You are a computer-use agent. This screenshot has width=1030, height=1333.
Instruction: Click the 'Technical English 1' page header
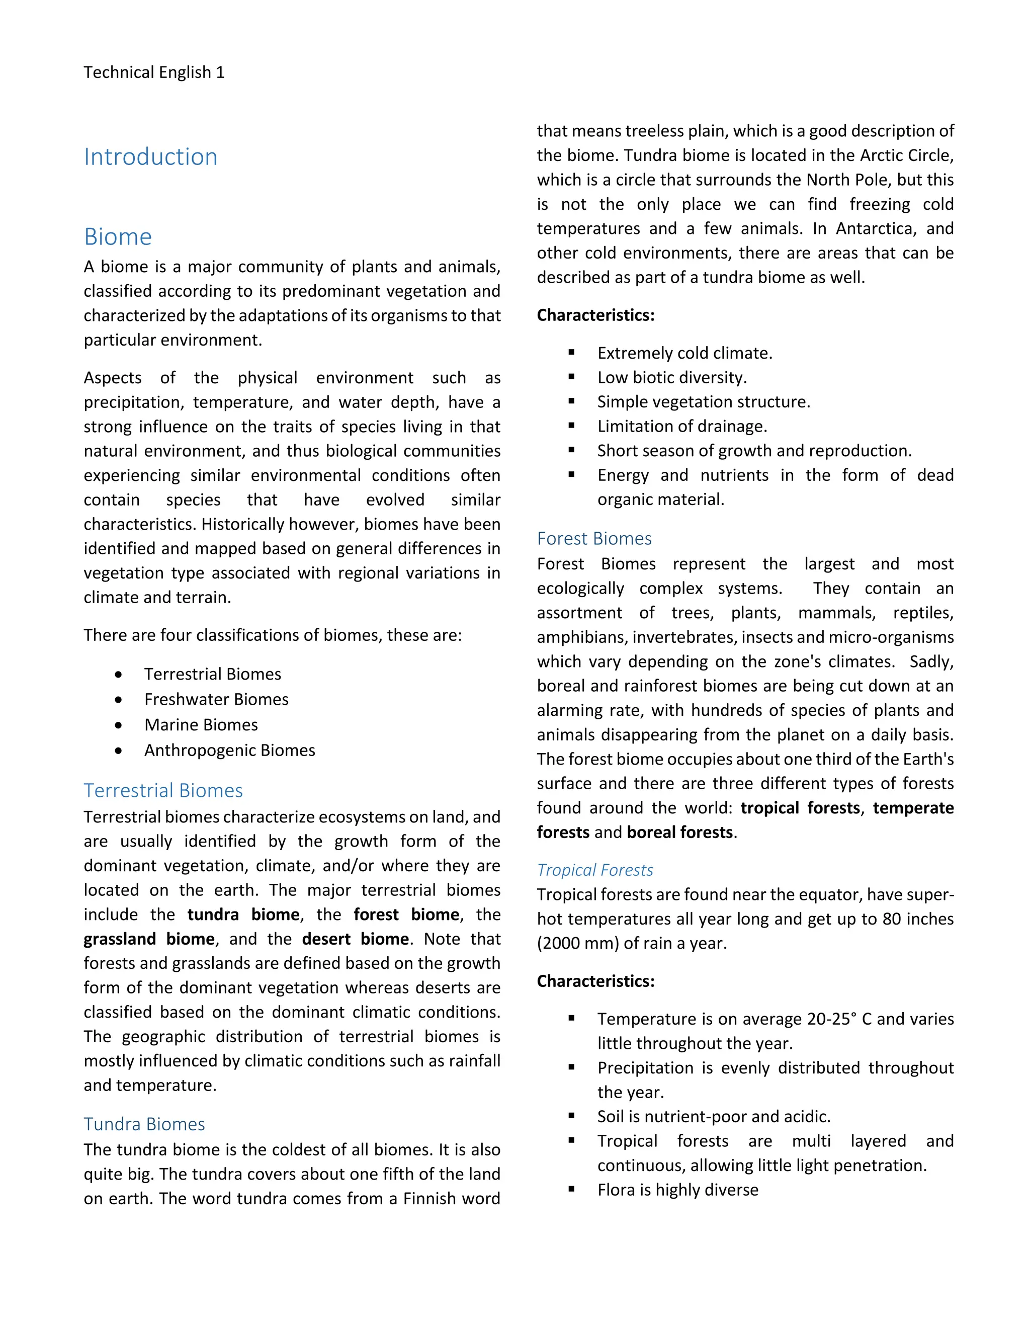coord(154,72)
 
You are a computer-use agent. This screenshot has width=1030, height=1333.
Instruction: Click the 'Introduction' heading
coord(151,157)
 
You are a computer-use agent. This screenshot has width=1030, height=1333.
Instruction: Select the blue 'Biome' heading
coord(118,237)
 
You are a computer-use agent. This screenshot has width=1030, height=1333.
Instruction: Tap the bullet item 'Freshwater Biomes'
coord(216,700)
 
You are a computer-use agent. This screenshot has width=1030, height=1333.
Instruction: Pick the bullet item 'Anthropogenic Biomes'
coord(229,750)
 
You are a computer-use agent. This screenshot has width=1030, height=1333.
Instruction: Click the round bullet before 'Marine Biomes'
coord(118,725)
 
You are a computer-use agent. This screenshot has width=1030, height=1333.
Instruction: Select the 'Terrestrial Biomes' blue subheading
coord(163,790)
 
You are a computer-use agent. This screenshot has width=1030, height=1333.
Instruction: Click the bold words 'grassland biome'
coord(149,939)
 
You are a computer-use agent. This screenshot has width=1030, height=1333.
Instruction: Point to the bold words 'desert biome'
coord(355,939)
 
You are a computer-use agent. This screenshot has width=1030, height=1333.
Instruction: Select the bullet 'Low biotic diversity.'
coord(672,378)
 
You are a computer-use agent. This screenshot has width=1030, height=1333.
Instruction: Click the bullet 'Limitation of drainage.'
coord(682,427)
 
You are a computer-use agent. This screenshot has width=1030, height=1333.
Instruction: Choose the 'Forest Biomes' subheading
coord(594,538)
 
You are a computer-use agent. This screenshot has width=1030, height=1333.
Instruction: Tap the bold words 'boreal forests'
coord(680,832)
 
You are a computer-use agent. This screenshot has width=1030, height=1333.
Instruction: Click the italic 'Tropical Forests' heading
coord(595,870)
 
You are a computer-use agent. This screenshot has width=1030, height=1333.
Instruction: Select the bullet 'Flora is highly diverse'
coord(677,1190)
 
